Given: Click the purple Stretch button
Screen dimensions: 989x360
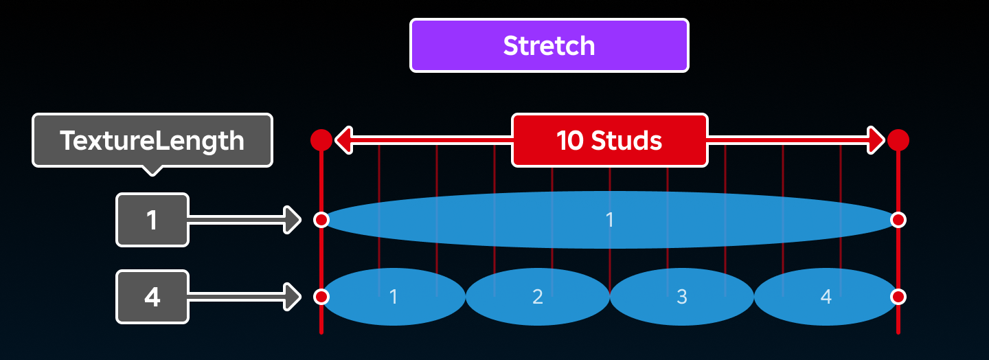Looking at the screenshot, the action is click(x=549, y=45).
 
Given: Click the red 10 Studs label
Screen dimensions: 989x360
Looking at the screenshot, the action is click(x=610, y=140).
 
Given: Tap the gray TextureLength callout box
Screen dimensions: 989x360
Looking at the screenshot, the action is click(x=152, y=140).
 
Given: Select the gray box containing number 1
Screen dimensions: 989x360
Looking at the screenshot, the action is click(x=152, y=220).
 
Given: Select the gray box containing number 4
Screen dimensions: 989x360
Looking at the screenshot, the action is click(x=152, y=296).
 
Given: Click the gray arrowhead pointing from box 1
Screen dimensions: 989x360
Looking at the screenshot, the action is click(x=293, y=220).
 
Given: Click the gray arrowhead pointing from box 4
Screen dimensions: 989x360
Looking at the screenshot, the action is click(x=293, y=296).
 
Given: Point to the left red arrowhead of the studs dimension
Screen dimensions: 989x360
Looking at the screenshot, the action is click(x=344, y=140).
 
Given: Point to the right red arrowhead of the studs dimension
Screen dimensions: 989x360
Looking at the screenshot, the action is click(x=876, y=140).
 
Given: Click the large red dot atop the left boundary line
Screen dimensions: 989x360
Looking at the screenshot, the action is click(x=321, y=140).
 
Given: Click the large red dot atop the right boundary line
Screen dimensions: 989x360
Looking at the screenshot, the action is click(x=898, y=140).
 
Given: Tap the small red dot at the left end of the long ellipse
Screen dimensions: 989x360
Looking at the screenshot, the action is click(x=321, y=220).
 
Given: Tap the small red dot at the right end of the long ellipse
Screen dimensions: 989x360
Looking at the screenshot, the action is click(x=898, y=220).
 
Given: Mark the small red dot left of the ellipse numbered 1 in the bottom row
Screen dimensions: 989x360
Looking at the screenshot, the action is click(x=321, y=296).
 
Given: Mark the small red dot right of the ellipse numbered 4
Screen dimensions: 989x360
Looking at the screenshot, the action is click(x=898, y=296).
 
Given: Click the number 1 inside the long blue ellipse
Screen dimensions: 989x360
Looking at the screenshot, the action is click(x=610, y=220).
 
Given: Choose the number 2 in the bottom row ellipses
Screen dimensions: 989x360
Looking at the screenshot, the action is click(x=537, y=296).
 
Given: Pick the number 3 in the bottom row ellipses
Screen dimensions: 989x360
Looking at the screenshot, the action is click(x=682, y=296).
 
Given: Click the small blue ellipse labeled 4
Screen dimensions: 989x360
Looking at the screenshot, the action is click(x=826, y=296).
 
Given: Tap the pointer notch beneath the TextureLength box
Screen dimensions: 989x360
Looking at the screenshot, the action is click(x=152, y=171).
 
